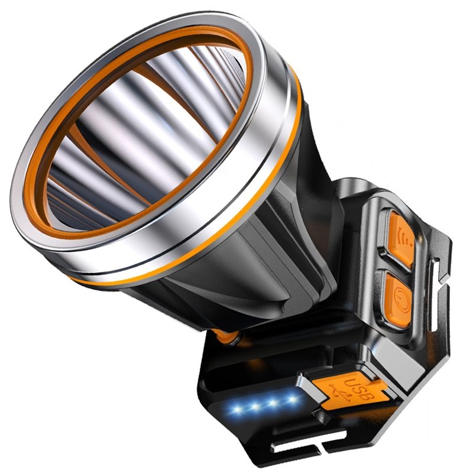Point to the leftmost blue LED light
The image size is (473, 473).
(x=238, y=411)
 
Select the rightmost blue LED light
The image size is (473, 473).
(x=292, y=399)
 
